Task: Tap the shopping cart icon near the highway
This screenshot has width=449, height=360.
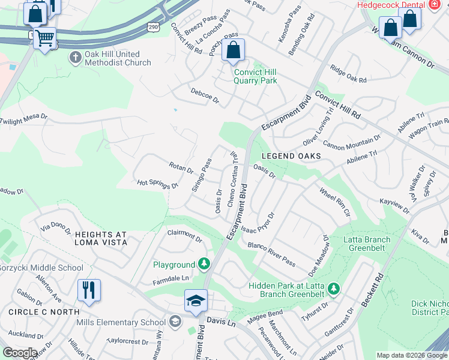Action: (x=44, y=38)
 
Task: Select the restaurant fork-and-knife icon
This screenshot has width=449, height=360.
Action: (x=88, y=290)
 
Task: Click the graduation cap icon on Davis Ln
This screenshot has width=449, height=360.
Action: (x=196, y=301)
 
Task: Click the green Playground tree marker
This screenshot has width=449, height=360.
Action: (x=205, y=264)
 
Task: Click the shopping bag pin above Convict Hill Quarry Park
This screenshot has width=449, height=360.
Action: (x=233, y=50)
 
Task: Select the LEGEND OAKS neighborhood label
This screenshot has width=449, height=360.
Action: (x=283, y=156)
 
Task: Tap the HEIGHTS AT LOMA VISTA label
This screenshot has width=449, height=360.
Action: (x=101, y=238)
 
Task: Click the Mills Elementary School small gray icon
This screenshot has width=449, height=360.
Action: (x=175, y=322)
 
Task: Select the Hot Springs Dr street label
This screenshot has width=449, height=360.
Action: (x=158, y=184)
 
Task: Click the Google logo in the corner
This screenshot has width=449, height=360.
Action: (x=19, y=353)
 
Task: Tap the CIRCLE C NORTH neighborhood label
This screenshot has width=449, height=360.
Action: (x=44, y=312)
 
